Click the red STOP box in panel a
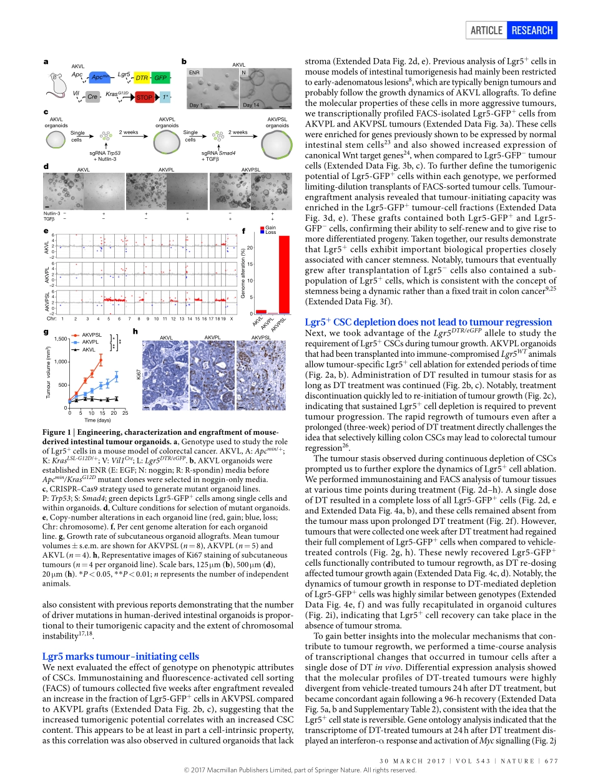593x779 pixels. [x=144, y=97]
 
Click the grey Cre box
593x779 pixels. [x=92, y=97]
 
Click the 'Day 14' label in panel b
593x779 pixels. [x=252, y=105]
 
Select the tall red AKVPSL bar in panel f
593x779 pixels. [x=283, y=274]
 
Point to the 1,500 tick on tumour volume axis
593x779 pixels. [x=60, y=339]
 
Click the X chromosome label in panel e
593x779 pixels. [x=232, y=319]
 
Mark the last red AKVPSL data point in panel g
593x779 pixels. [x=101, y=360]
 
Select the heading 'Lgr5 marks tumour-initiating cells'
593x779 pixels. [x=120, y=656]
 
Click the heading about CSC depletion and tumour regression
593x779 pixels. [x=428, y=322]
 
